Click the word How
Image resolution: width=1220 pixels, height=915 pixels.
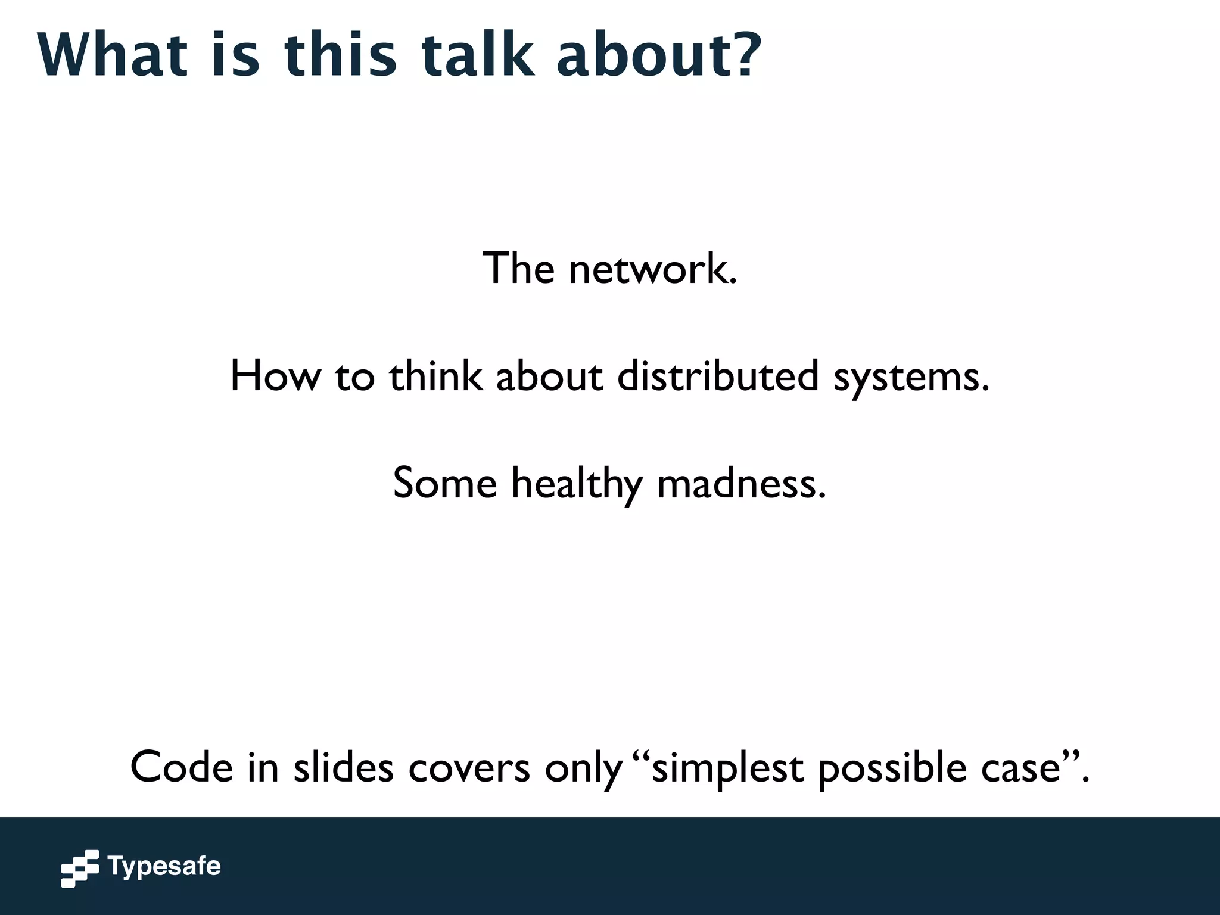pyautogui.click(x=275, y=376)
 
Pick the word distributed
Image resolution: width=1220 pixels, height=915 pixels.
pyautogui.click(x=718, y=376)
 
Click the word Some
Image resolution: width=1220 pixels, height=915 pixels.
pyautogui.click(x=445, y=483)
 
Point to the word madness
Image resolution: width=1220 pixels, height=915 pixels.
pyautogui.click(x=742, y=483)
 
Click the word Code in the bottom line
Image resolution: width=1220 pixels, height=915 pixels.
pyautogui.click(x=182, y=767)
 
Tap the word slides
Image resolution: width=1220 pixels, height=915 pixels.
pyautogui.click(x=343, y=767)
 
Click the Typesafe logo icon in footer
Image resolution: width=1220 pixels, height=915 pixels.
pyautogui.click(x=80, y=869)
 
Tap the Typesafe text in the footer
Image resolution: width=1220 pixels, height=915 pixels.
pyautogui.click(x=164, y=866)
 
